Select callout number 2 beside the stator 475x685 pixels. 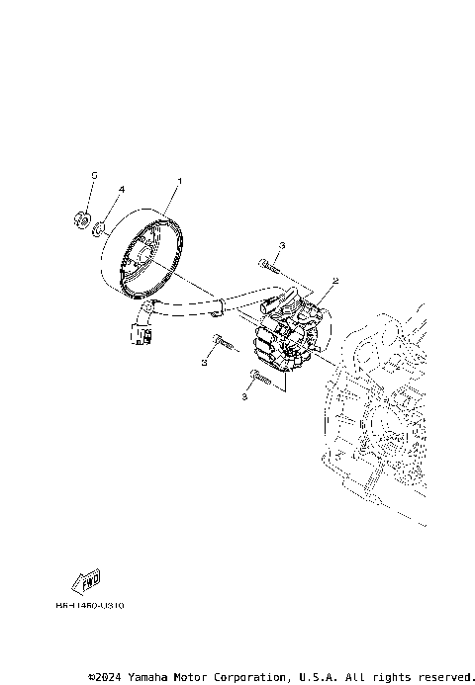(335, 281)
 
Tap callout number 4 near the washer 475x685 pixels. (122, 189)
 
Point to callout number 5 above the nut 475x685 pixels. (94, 175)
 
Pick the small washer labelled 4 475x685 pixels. (101, 230)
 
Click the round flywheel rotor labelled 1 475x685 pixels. (145, 258)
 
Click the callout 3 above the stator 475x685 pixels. (282, 244)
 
